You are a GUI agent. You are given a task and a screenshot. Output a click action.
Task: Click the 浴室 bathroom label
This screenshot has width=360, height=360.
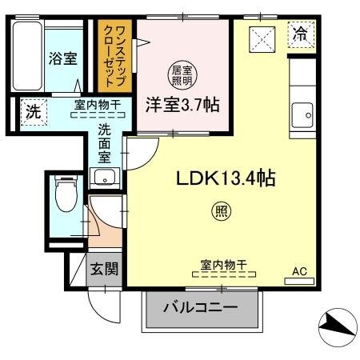pos(62,58)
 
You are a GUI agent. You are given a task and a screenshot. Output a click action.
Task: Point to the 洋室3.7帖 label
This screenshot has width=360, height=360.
pos(183,104)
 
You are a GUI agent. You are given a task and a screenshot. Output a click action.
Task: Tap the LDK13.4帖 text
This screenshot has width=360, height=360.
pos(226,178)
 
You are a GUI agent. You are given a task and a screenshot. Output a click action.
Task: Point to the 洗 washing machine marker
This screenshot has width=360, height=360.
pos(31,111)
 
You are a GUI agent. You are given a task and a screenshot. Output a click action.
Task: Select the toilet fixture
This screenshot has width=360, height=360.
pos(63,194)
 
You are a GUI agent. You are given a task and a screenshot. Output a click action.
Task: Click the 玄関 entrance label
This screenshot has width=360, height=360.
pos(103,269)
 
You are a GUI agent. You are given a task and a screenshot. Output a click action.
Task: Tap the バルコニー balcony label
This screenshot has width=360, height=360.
pos(201,307)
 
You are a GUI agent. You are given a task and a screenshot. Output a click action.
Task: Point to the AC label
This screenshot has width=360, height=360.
pos(299,271)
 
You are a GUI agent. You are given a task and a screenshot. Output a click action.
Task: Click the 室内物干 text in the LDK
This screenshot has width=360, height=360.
pos(222,265)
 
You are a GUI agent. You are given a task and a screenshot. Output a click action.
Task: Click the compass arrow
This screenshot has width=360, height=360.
pos(335,325)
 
